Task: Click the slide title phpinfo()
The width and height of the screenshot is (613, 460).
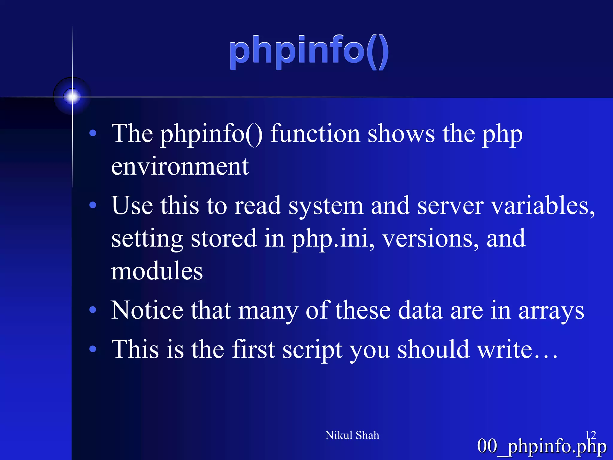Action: coord(309,52)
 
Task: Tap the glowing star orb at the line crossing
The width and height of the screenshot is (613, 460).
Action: coord(72,96)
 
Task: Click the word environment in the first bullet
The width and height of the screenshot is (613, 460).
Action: coord(180,167)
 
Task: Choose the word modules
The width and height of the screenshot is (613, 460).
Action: coord(157,271)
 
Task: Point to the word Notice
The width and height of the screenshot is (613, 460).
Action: coord(147,310)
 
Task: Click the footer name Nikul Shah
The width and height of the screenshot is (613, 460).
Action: coord(352,435)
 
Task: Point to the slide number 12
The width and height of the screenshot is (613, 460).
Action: coord(591,435)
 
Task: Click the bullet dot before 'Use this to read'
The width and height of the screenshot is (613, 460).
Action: coord(93,205)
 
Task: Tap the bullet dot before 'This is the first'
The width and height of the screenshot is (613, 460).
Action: coord(93,349)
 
